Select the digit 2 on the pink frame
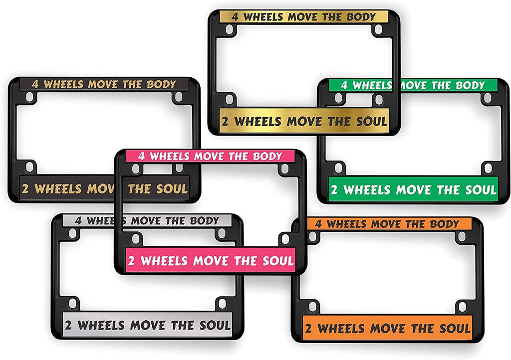pos(132,261)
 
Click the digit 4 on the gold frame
pos(235,16)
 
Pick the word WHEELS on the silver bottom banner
pos(101,326)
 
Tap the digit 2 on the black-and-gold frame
pos(25,189)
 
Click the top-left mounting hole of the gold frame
pos(229,29)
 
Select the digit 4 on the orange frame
pos(318,224)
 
